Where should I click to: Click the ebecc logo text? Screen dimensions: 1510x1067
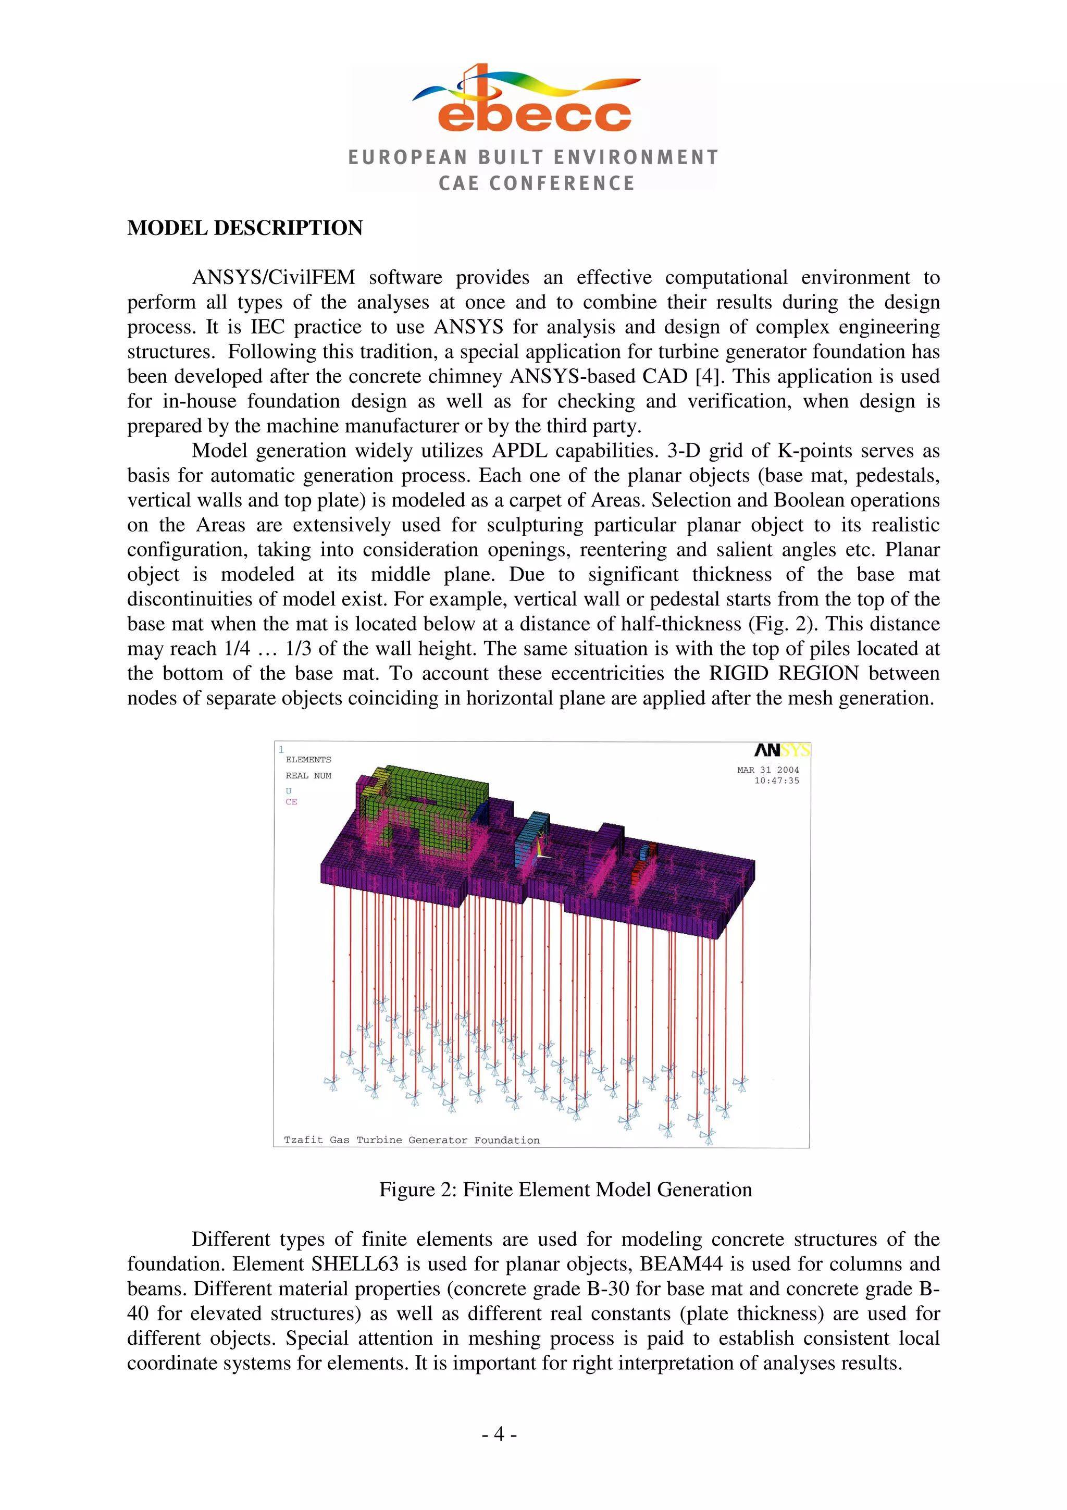pos(534,115)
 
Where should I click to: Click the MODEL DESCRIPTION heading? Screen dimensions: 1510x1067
pos(244,228)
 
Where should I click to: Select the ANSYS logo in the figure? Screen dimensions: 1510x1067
pos(781,750)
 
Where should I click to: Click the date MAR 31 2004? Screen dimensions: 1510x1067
pos(767,770)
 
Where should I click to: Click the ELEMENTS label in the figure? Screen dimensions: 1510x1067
pos(308,760)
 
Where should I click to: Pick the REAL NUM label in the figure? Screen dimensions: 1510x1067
pos(308,775)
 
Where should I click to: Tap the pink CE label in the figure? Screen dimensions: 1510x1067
pos(291,802)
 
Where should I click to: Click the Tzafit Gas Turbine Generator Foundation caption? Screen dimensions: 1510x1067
pos(412,1140)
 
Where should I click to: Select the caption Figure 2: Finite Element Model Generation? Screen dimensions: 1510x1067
pos(565,1189)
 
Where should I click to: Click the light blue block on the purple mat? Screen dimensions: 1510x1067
pos(531,835)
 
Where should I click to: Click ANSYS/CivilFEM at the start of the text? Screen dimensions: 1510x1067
pos(274,278)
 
